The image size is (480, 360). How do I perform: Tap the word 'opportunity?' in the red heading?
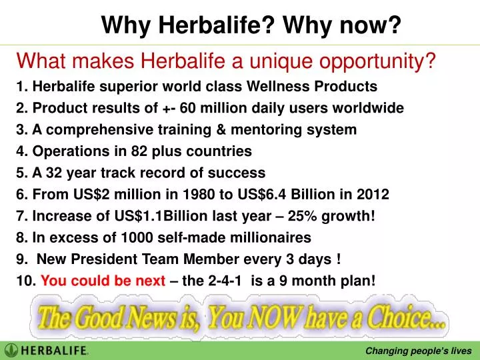click(381, 62)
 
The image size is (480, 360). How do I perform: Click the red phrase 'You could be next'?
click(103, 281)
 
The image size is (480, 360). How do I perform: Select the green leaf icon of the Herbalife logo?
click(11, 350)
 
